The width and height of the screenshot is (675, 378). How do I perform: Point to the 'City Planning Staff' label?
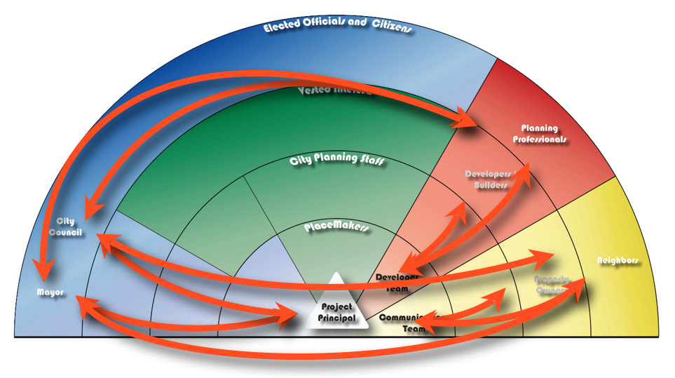337,161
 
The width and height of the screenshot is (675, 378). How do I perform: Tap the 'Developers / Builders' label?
491,179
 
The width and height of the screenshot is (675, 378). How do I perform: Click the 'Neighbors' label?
618,260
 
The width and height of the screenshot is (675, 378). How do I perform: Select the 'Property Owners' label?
554,284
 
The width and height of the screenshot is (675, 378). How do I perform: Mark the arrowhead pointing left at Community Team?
419,322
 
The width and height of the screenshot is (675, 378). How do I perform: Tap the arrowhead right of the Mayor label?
83,302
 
